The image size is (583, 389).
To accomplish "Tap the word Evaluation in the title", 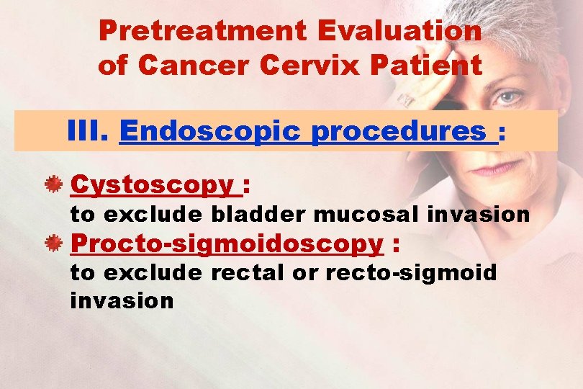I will (x=399, y=30).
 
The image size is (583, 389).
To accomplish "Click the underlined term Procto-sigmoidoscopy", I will (x=227, y=244).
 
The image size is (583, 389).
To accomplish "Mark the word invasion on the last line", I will (x=122, y=300).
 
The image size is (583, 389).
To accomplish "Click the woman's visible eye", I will (x=509, y=96).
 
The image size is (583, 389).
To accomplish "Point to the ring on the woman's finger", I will (x=406, y=99).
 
